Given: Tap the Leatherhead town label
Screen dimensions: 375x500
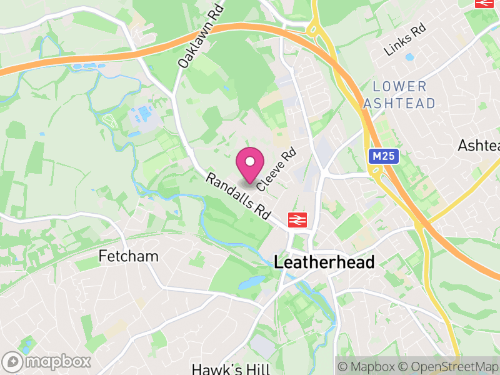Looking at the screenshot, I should (x=324, y=262).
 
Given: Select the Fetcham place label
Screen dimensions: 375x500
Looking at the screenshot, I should (x=129, y=256).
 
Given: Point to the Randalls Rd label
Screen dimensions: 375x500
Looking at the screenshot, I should (x=238, y=196).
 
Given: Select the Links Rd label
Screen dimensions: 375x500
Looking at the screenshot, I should (x=405, y=39).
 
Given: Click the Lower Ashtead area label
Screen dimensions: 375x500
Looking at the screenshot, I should (x=399, y=95).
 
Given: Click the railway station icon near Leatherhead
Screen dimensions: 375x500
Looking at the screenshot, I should (x=296, y=219).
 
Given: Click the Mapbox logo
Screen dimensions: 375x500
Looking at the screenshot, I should (x=47, y=361).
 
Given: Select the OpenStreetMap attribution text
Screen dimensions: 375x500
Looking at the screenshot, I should (x=449, y=367).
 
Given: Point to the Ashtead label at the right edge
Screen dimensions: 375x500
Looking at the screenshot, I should (x=479, y=146).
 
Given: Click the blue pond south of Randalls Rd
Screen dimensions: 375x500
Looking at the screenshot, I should (x=252, y=282).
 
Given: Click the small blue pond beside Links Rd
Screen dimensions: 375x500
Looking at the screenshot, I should (x=409, y=57).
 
